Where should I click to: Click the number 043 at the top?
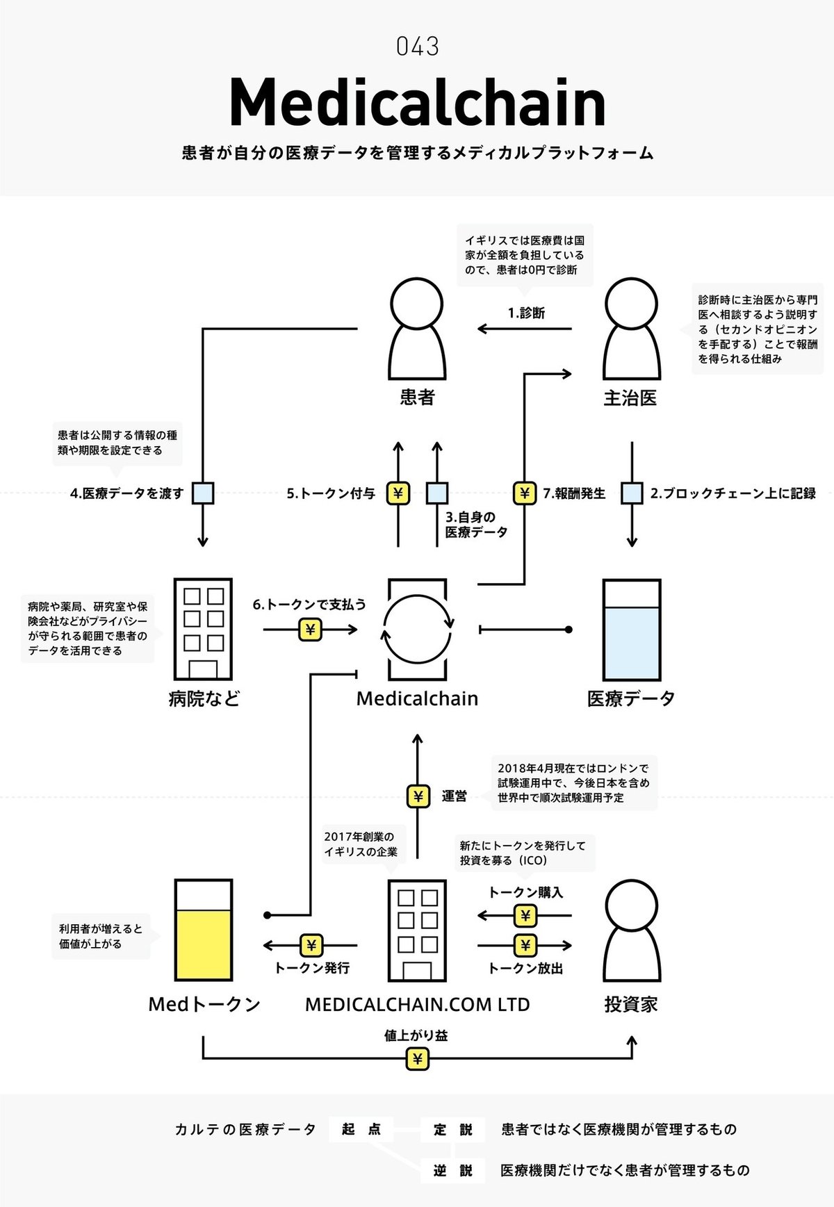[x=417, y=47]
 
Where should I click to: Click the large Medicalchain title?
[x=417, y=103]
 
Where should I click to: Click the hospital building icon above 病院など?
[x=202, y=629]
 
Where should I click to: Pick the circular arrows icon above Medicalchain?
[x=417, y=630]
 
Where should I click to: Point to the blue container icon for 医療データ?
[x=631, y=630]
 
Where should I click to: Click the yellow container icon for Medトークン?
[x=203, y=930]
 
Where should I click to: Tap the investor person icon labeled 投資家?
[x=631, y=930]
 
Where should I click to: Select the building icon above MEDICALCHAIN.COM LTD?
[x=417, y=930]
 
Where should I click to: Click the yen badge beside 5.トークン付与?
[x=398, y=493]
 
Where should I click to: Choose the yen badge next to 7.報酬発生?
[x=525, y=493]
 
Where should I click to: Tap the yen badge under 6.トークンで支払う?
[x=310, y=630]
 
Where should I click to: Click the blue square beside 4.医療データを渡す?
[x=203, y=493]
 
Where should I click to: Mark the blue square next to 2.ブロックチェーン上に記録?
[x=632, y=493]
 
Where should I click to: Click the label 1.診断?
[x=526, y=313]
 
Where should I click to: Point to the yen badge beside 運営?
[x=418, y=796]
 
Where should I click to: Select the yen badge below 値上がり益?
[x=417, y=1059]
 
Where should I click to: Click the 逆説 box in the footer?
[x=452, y=1171]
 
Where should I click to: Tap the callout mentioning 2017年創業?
[x=361, y=844]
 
